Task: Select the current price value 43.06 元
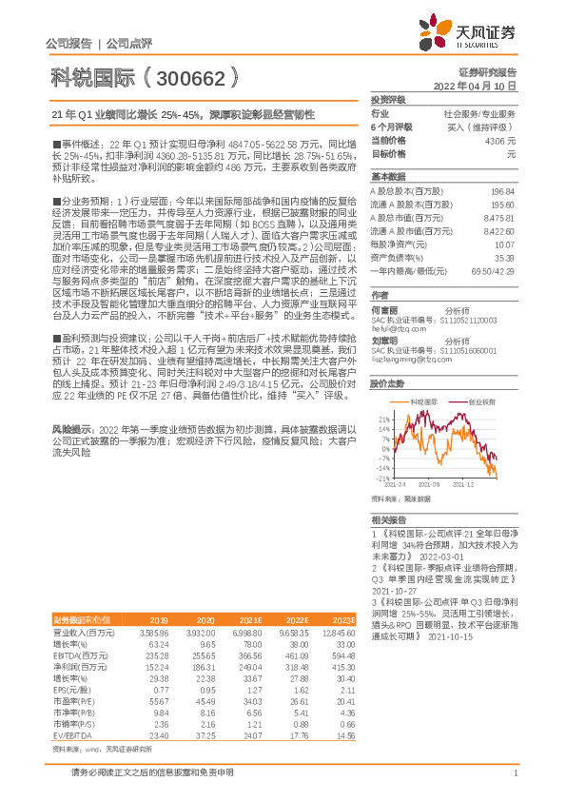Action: tap(499, 140)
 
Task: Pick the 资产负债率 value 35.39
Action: tap(503, 257)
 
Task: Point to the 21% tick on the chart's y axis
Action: tap(382, 418)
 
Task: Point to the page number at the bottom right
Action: tap(515, 773)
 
